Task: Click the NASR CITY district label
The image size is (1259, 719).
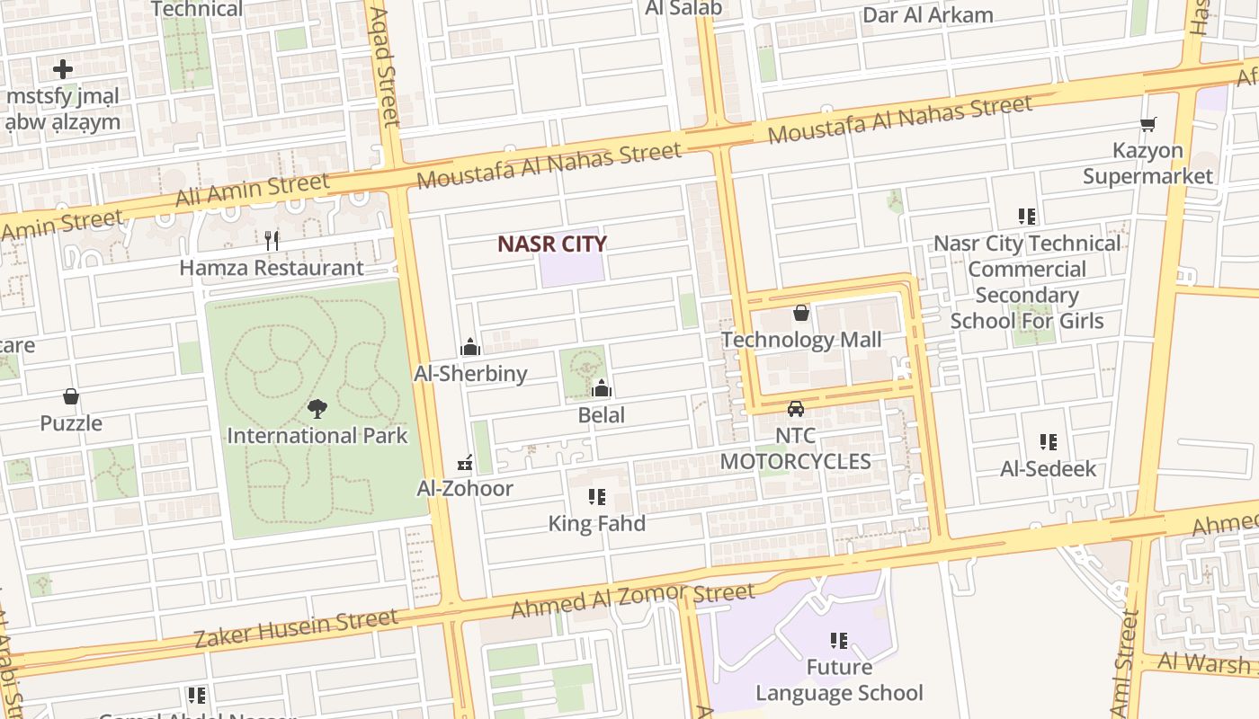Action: pyautogui.click(x=552, y=244)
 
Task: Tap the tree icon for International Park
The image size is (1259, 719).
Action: pyautogui.click(x=317, y=410)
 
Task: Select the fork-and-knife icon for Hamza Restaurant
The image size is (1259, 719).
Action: pyautogui.click(x=272, y=241)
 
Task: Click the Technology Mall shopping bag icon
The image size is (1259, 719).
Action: pyautogui.click(x=800, y=313)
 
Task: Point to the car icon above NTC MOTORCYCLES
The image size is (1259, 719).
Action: pyautogui.click(x=795, y=409)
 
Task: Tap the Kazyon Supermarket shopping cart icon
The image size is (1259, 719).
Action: pyautogui.click(x=1147, y=124)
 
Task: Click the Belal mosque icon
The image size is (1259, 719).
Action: pyautogui.click(x=602, y=388)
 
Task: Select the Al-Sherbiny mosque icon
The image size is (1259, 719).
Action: pyautogui.click(x=469, y=347)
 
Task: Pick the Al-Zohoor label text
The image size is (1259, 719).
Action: pyautogui.click(x=465, y=489)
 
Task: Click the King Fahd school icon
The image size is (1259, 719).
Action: pyautogui.click(x=596, y=497)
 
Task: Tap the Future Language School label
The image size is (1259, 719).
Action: pyautogui.click(x=838, y=680)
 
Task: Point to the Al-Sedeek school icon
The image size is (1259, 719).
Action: pyautogui.click(x=1048, y=442)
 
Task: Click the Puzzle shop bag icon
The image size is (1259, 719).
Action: pyautogui.click(x=71, y=396)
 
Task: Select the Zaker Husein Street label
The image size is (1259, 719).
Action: pyautogui.click(x=296, y=628)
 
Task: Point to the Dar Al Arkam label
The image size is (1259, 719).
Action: pyautogui.click(x=927, y=15)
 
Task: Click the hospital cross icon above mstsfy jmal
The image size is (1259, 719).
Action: pyautogui.click(x=62, y=68)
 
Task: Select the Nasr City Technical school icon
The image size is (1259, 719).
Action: pyautogui.click(x=1026, y=216)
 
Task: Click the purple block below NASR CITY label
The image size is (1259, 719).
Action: pyautogui.click(x=572, y=271)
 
